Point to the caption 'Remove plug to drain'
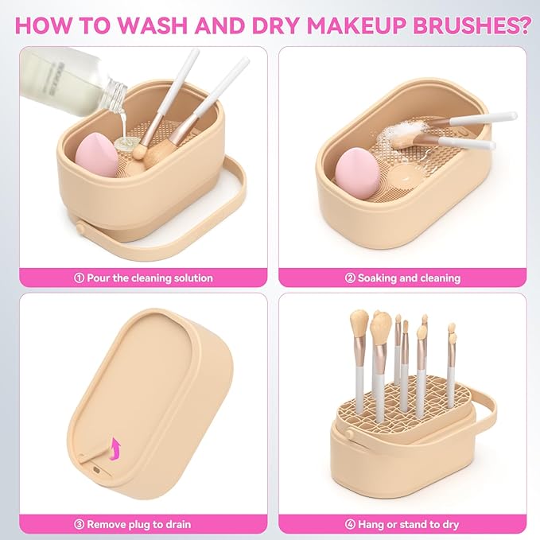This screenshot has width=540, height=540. [138, 524]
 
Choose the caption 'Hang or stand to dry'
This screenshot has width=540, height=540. [408, 524]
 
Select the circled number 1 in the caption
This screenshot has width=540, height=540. [79, 278]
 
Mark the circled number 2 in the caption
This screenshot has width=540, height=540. [349, 278]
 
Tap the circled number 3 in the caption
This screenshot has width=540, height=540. [78, 524]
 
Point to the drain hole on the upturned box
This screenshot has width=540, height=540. [95, 469]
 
